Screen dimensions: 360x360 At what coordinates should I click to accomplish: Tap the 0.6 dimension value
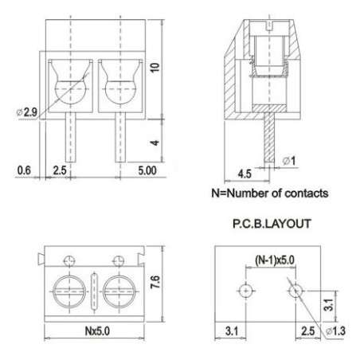coord(24,170)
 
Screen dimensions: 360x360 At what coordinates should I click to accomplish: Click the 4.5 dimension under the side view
coord(245,172)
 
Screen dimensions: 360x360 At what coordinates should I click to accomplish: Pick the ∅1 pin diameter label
coord(289,162)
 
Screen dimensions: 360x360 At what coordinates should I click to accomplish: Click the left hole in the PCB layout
coord(246,291)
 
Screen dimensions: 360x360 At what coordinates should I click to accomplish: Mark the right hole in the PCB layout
coord(295,291)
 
